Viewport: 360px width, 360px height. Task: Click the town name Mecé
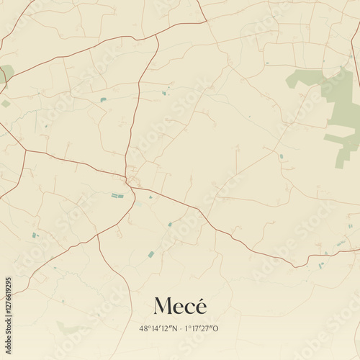(x=180, y=306)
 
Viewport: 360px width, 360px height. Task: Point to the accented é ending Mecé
(x=200, y=305)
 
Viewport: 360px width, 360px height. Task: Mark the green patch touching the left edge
(x=6, y=73)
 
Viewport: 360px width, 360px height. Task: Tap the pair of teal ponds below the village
(x=117, y=195)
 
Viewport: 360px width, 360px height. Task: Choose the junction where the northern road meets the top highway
(x=158, y=36)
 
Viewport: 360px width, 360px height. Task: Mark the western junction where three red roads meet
(x=25, y=150)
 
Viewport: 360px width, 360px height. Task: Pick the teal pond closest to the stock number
(x=34, y=235)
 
